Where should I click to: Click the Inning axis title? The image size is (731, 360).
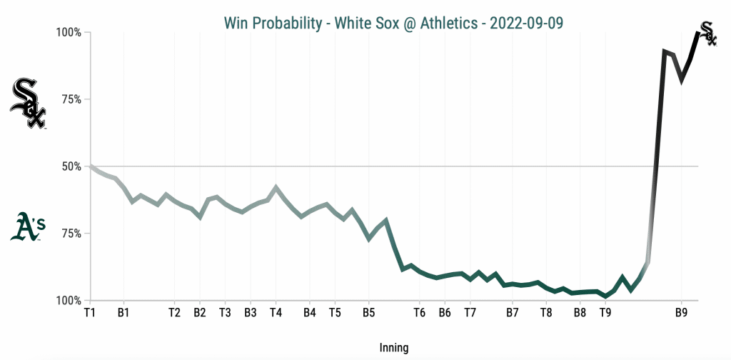[394, 348]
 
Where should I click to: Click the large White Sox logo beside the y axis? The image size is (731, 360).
[29, 104]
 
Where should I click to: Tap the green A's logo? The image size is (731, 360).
[29, 226]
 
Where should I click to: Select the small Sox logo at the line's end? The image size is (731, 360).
[707, 34]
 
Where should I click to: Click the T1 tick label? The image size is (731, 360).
[89, 312]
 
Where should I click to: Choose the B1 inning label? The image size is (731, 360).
[123, 312]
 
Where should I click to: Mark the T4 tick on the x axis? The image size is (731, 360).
[276, 312]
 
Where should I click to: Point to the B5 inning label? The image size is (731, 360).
[368, 312]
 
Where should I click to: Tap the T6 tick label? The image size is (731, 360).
[419, 312]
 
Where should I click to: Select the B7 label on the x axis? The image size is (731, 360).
[512, 312]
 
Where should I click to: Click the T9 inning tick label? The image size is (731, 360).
[605, 312]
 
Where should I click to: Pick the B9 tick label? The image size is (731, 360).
[681, 312]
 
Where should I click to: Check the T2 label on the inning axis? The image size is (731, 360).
[174, 312]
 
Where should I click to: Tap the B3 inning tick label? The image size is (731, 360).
[250, 312]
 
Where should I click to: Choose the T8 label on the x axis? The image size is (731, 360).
[546, 312]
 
